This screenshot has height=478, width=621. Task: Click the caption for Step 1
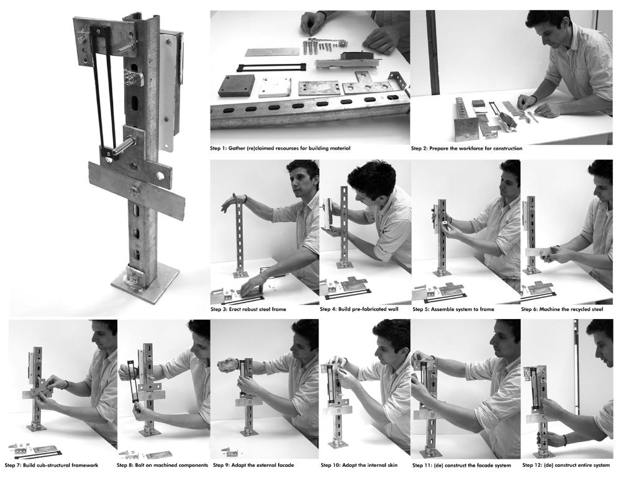pyautogui.click(x=280, y=148)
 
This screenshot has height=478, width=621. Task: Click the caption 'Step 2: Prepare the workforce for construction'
pyautogui.click(x=466, y=148)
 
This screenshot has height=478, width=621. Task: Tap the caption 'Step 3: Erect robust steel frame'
pyautogui.click(x=248, y=309)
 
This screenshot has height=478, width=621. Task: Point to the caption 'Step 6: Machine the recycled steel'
pyautogui.click(x=562, y=309)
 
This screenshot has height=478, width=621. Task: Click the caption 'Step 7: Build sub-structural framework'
pyautogui.click(x=52, y=465)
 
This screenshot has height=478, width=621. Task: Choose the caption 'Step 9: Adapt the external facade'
pyautogui.click(x=253, y=465)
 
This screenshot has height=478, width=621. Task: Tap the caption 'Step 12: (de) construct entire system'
pyautogui.click(x=566, y=465)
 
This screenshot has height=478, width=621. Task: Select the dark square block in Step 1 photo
pyautogui.click(x=235, y=86)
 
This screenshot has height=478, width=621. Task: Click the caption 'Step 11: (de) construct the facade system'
pyautogui.click(x=461, y=465)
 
